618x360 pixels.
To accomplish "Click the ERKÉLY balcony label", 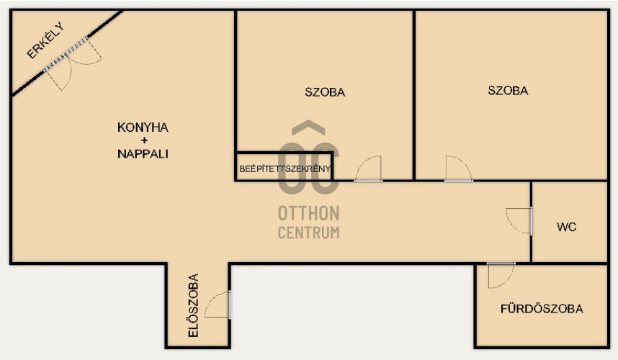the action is point(45,40).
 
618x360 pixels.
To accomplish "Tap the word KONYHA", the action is point(143,127).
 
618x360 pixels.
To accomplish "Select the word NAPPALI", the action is point(143,153).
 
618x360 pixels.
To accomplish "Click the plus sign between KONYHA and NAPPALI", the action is point(144,140).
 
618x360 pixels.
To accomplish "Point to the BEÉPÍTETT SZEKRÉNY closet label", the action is point(285,169).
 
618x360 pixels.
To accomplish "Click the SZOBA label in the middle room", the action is point(325,92).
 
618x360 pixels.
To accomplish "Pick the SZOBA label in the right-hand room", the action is point(508,91).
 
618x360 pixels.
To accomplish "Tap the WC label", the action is point(566,227).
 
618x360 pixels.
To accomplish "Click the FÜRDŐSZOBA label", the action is point(542,309).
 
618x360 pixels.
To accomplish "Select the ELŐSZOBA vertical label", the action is point(194,306).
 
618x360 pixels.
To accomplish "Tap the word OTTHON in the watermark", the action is point(308,213).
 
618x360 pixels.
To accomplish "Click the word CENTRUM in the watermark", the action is point(308,233).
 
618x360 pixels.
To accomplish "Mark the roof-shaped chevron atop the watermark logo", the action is point(308,127).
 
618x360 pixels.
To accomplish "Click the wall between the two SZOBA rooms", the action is point(414,95).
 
